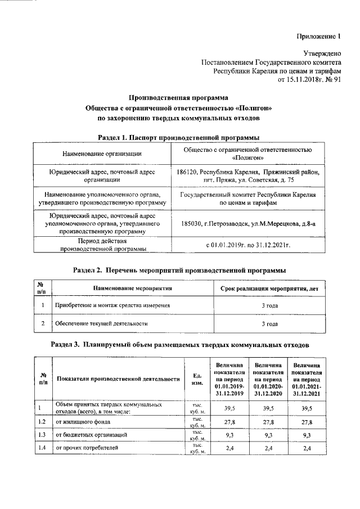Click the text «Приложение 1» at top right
click(318, 37)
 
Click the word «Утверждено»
click(322, 53)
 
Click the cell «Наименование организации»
click(101, 154)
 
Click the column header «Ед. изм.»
click(197, 379)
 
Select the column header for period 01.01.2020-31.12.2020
click(268, 379)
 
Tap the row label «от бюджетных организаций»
click(91, 435)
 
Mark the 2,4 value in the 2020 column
click(268, 448)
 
